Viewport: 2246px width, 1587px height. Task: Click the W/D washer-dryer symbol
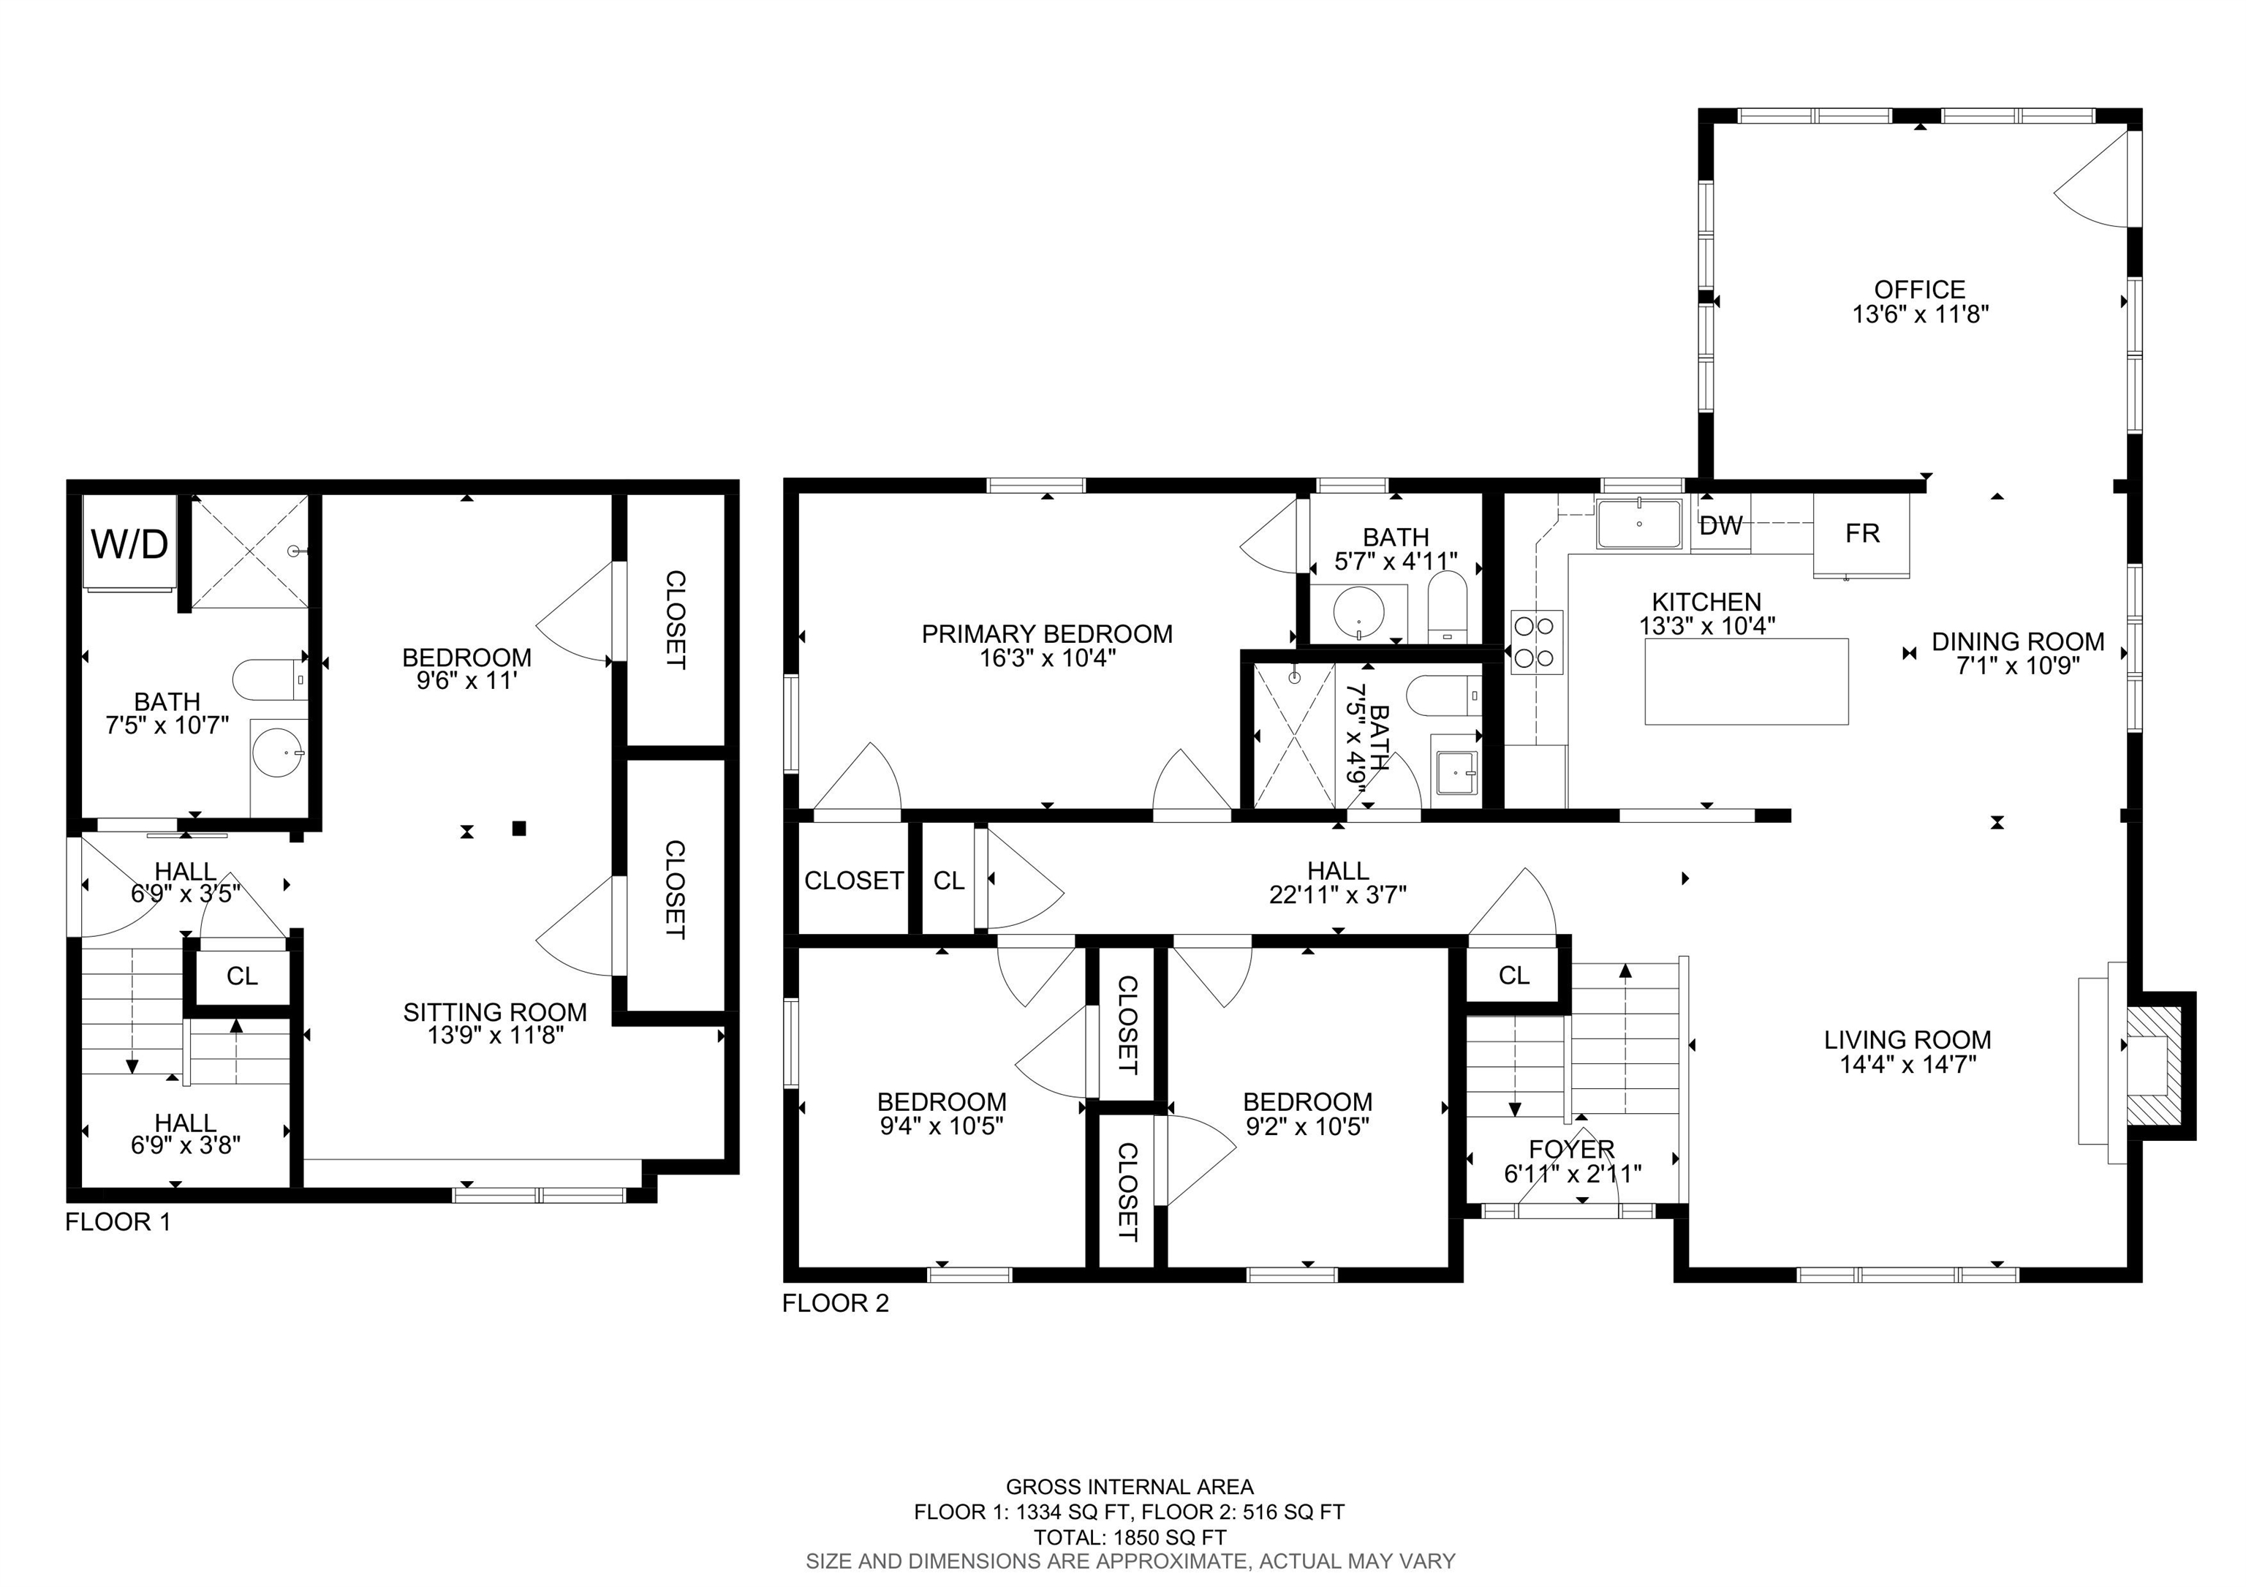(x=129, y=544)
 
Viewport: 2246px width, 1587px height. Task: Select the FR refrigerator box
(x=1861, y=534)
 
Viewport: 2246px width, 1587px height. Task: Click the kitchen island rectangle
(x=1746, y=682)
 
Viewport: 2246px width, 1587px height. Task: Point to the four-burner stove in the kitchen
(x=1536, y=643)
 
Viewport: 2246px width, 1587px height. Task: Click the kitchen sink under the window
(x=1639, y=524)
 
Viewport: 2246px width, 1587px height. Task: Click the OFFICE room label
(x=1919, y=290)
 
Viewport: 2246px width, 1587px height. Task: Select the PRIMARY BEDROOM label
(x=1047, y=634)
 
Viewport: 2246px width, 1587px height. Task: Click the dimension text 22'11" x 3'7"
(x=1337, y=894)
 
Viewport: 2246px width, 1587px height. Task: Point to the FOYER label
(x=1571, y=1149)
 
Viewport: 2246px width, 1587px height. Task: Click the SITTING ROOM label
(x=495, y=1011)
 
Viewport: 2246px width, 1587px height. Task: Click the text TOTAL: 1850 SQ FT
(x=1130, y=1537)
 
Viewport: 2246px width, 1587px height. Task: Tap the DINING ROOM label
(x=2017, y=642)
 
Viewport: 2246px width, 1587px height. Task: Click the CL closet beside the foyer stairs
(x=1513, y=975)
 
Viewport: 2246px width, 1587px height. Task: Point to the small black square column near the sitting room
(x=519, y=829)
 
